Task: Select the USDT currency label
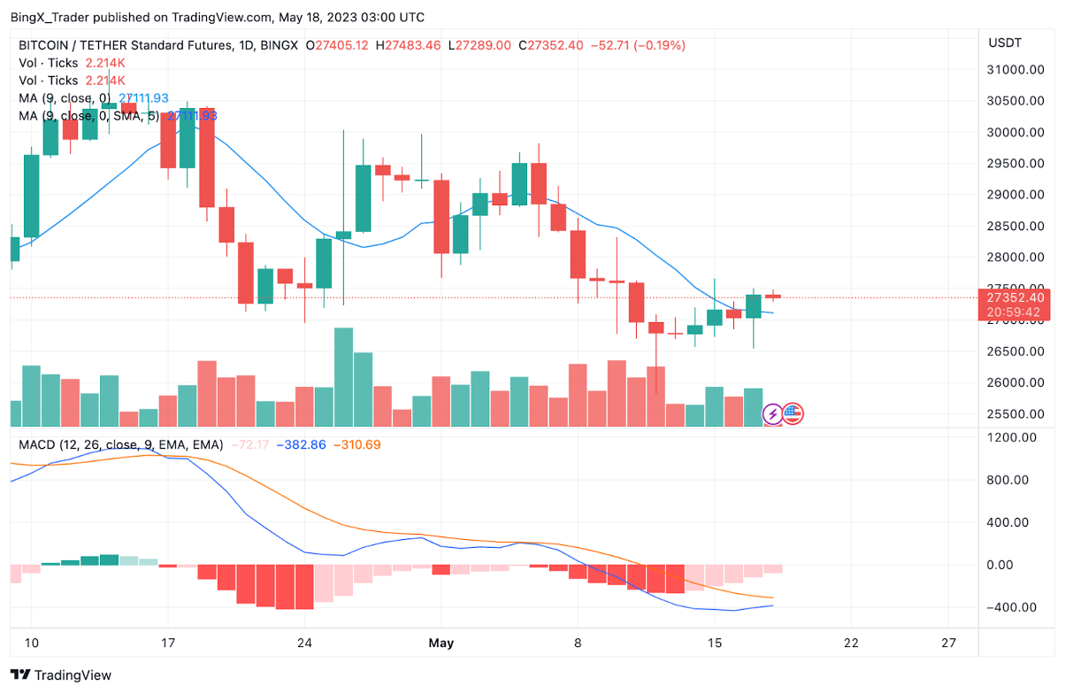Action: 1005,42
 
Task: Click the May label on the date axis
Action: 441,644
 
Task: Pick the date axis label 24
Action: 304,644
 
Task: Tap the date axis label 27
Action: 949,644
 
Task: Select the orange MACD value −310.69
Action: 356,444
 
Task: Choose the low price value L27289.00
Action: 479,45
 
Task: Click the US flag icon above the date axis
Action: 793,413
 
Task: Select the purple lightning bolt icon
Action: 772,413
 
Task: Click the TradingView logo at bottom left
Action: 61,675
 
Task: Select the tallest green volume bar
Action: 343,378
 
